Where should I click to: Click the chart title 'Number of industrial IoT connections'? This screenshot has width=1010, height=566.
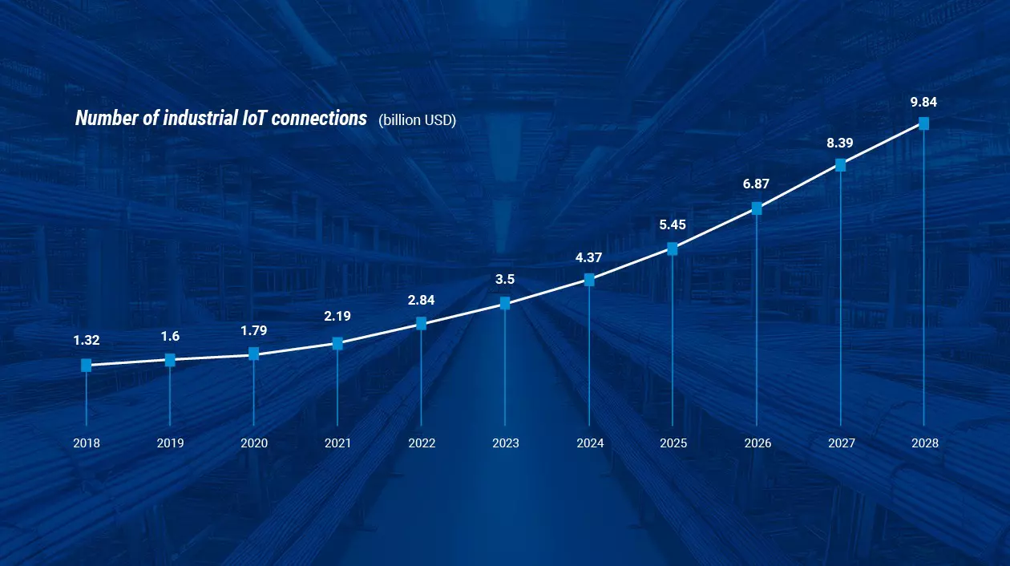[x=220, y=119]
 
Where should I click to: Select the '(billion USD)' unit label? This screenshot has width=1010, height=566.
[x=417, y=120]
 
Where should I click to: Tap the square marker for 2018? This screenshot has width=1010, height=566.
[x=87, y=366]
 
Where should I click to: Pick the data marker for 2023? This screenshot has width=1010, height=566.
[x=505, y=303]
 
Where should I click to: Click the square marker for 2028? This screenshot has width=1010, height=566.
[x=923, y=123]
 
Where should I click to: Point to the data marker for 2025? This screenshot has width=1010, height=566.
[x=673, y=249]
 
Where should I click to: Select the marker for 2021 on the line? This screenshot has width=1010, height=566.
[x=337, y=344]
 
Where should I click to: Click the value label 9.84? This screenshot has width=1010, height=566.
[x=923, y=102]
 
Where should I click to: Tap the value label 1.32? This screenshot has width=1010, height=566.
[x=87, y=341]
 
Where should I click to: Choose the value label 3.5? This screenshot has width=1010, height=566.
[x=505, y=280]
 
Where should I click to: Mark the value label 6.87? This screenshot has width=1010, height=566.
[x=756, y=184]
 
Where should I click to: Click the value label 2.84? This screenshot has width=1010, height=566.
[x=421, y=300]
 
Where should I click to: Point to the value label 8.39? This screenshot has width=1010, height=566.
[x=839, y=143]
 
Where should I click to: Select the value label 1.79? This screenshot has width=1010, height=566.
[x=254, y=329]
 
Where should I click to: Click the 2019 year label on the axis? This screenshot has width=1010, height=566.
[x=170, y=443]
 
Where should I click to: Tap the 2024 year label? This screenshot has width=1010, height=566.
[x=589, y=443]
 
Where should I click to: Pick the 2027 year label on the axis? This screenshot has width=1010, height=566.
[x=840, y=443]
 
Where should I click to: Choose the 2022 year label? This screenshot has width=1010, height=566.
[x=422, y=443]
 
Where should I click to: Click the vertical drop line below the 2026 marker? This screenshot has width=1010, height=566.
[x=757, y=321]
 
